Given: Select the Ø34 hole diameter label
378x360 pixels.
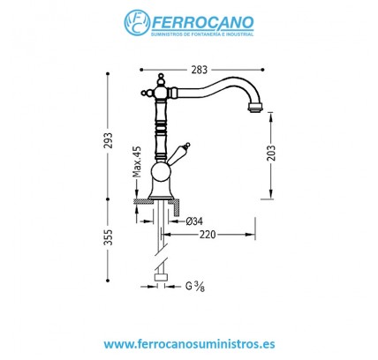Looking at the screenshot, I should coord(192,221).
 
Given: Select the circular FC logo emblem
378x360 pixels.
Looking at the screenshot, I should coord(138,23).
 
